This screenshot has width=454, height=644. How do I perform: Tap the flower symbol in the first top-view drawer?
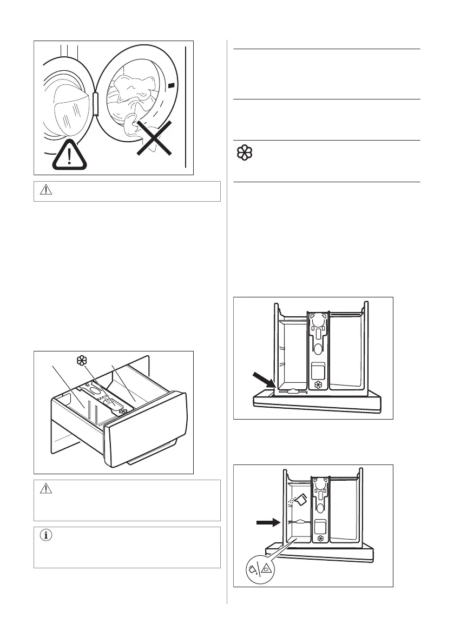point(318,384)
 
